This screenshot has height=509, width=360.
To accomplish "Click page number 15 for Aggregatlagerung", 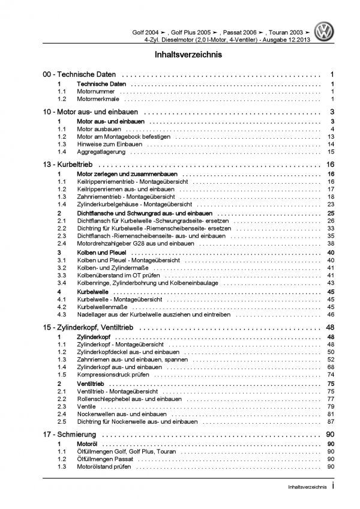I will pos(331,152).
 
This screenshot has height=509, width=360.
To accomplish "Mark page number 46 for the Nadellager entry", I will pos(331,314).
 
